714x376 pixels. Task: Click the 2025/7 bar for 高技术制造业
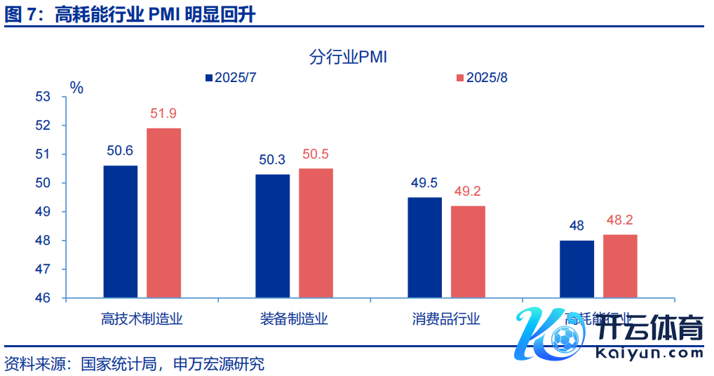[120, 231]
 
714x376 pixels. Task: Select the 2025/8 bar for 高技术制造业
[163, 213]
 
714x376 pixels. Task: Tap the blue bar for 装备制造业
[272, 236]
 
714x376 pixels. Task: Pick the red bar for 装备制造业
[316, 233]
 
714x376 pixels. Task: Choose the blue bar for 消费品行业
[425, 248]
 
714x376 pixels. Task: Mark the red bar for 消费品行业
[468, 252]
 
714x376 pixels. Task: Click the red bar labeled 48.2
[620, 266]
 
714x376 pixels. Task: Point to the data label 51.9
[163, 114]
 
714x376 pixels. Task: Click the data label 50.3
[272, 160]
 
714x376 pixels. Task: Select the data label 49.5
[424, 183]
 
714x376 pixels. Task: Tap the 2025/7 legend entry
[231, 77]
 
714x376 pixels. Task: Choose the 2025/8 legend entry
[482, 77]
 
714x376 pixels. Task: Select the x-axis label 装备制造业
[294, 320]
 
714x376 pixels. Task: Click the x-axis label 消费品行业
[446, 320]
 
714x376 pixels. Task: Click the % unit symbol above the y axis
[76, 88]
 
